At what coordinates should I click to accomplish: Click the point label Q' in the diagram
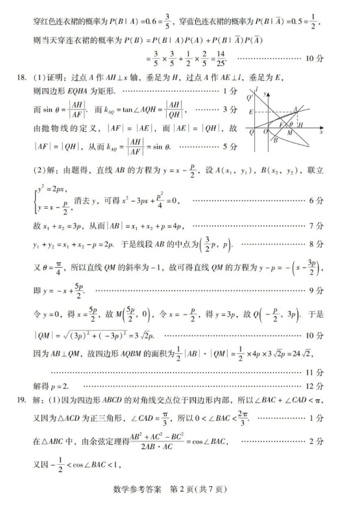pyautogui.click(x=250, y=98)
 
